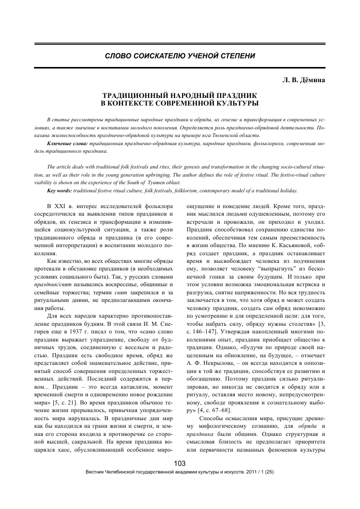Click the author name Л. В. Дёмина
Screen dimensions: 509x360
coord(310,80)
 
